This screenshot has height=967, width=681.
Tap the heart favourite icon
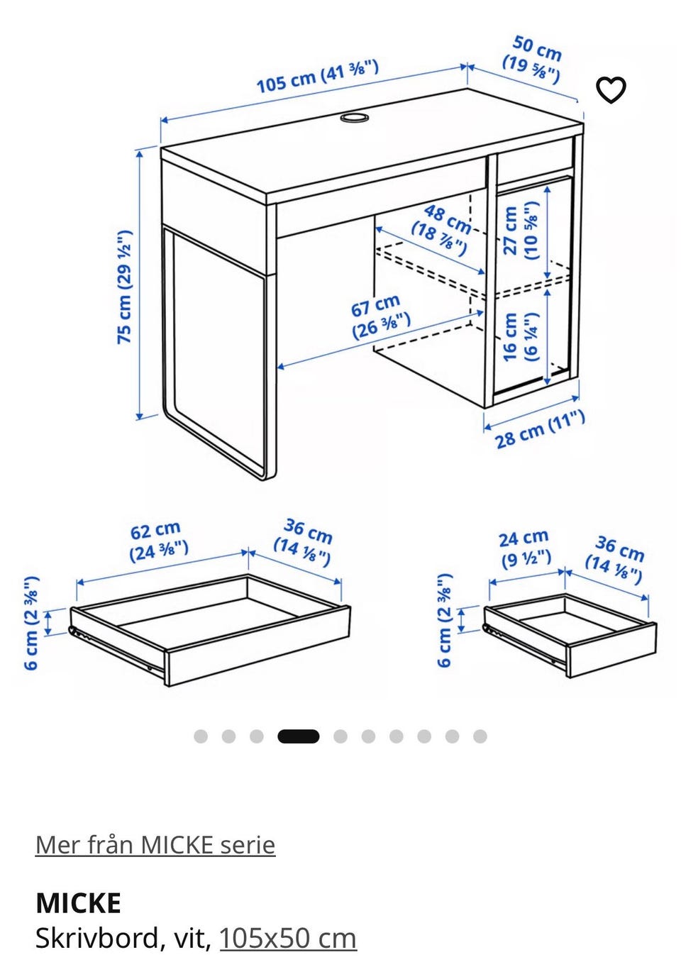pos(611,89)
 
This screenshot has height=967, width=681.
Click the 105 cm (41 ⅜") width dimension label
pos(318,77)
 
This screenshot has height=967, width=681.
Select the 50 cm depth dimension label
pos(533,60)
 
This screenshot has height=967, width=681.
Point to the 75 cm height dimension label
pos(124,287)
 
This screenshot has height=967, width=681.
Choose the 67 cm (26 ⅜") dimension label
pos(380,316)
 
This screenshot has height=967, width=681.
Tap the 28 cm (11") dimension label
pos(540,429)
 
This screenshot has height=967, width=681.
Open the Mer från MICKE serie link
pos(155,845)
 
